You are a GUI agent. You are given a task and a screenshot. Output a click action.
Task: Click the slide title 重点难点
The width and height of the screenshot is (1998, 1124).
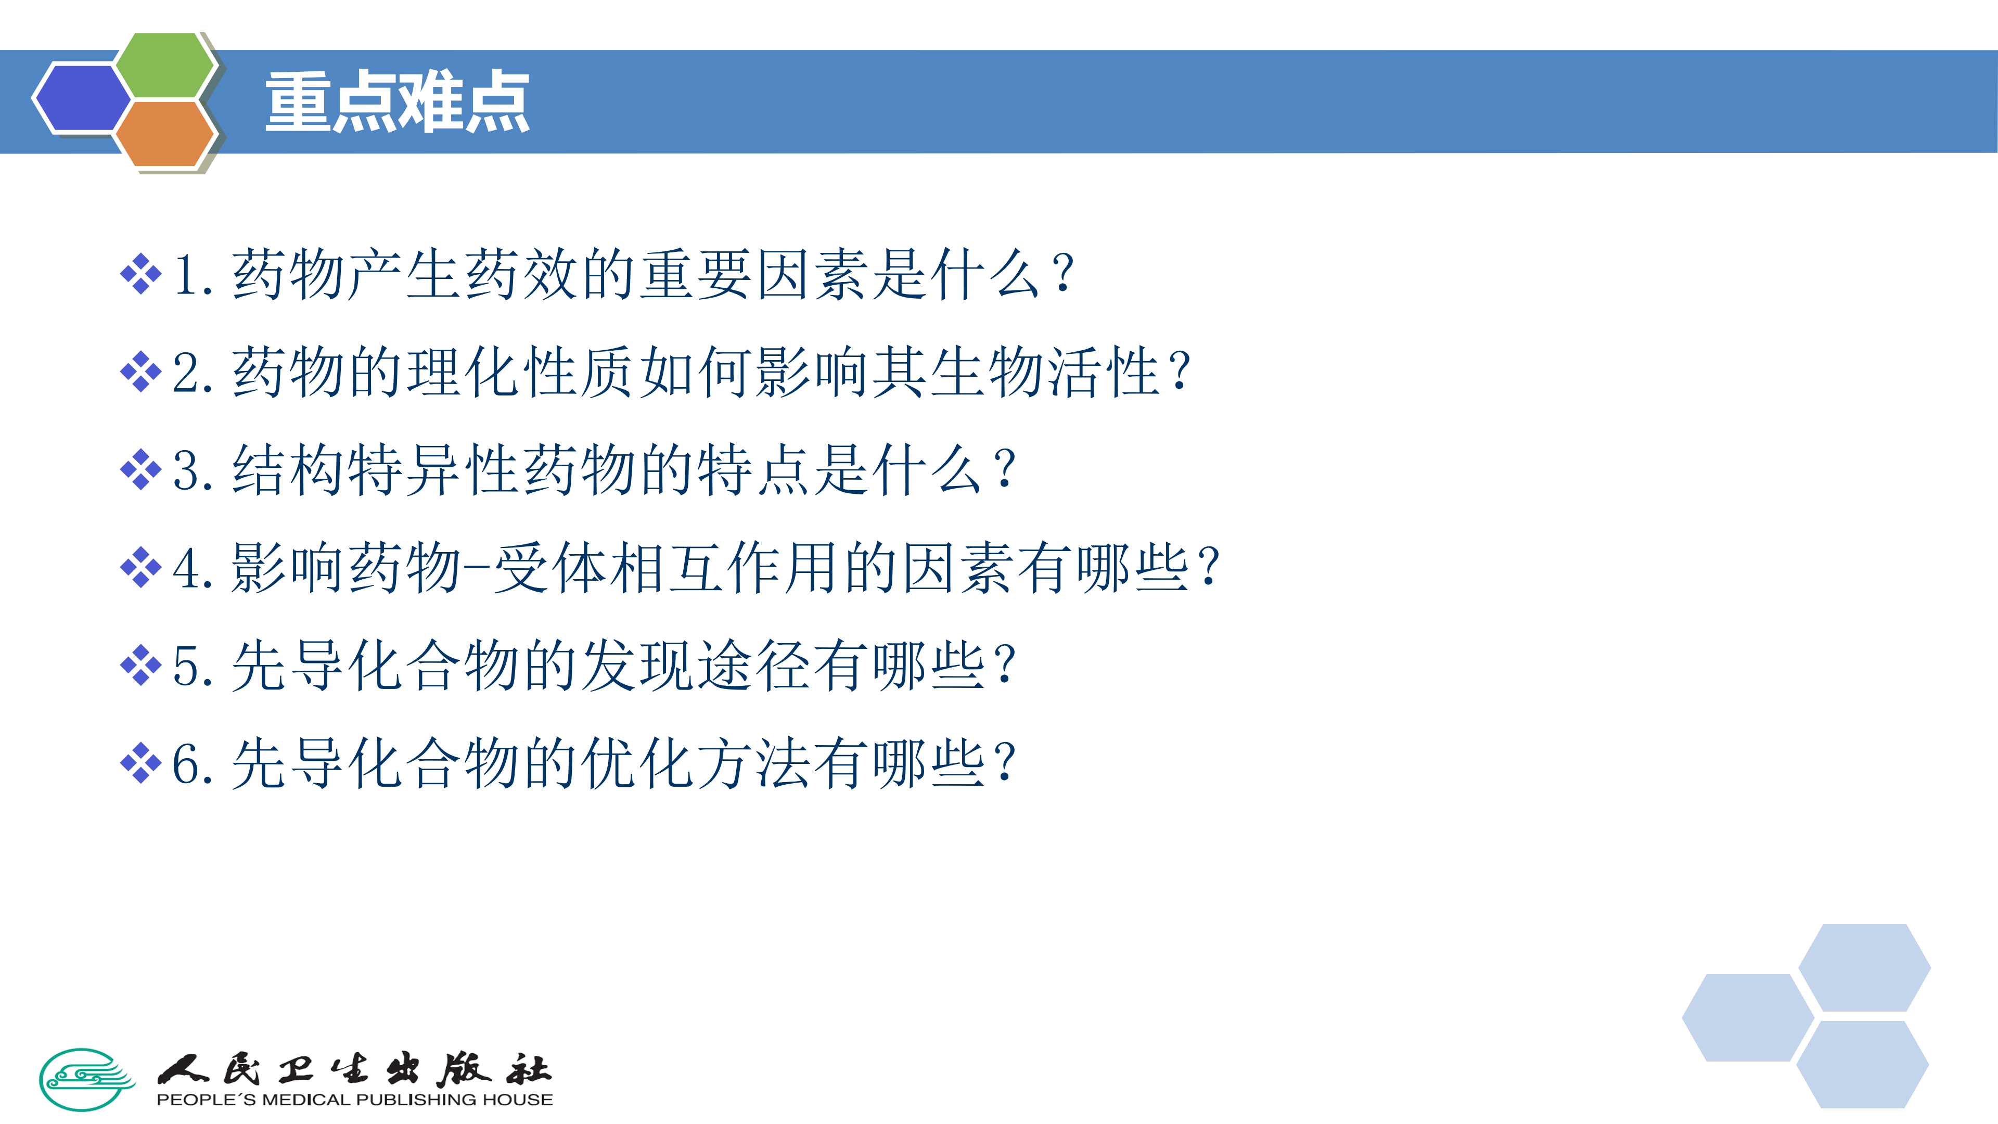[x=397, y=101]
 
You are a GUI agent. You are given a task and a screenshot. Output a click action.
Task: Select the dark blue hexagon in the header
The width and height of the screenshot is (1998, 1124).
[x=82, y=98]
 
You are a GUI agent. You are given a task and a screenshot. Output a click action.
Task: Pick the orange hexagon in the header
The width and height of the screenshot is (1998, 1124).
[x=164, y=133]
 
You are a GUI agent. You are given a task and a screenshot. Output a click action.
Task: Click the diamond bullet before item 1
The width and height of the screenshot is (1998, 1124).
[x=140, y=274]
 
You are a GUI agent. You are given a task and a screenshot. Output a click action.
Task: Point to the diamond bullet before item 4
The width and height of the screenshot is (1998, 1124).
[x=140, y=568]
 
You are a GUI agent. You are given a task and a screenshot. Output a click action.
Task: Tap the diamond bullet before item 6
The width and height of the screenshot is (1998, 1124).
[x=140, y=763]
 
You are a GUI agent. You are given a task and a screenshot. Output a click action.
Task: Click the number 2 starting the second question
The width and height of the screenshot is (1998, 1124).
[x=186, y=373]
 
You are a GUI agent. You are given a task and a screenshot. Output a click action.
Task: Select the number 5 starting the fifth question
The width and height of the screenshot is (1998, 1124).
[x=186, y=666]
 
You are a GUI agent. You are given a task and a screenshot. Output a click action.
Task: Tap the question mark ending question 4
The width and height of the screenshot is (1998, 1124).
[x=1208, y=568]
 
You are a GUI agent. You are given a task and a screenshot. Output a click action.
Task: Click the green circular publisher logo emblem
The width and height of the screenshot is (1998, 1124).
[x=86, y=1079]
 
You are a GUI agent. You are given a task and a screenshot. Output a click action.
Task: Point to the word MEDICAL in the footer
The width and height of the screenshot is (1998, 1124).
[x=306, y=1100]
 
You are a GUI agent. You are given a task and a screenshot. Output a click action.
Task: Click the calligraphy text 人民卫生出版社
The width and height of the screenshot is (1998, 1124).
[x=354, y=1070]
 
